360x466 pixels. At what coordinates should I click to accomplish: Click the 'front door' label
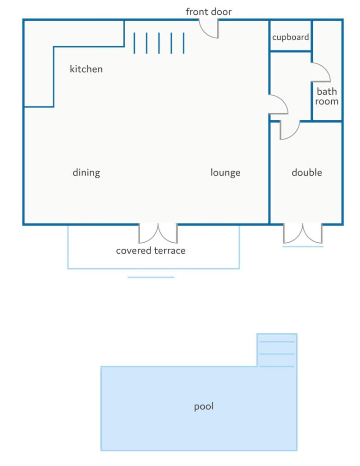208,12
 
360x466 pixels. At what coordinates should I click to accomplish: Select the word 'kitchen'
86,69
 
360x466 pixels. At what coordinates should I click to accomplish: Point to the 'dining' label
86,173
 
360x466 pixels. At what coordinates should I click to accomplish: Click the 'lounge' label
226,173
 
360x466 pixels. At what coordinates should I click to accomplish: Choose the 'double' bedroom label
307,172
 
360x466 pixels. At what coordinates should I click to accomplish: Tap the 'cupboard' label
291,37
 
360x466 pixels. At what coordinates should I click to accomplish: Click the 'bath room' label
327,96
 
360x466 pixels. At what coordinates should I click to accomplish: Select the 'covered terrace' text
151,251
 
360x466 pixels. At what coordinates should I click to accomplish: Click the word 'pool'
204,406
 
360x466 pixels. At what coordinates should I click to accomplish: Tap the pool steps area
277,350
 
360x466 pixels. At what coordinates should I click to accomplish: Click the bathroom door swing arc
325,68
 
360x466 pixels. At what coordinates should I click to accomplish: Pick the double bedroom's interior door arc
294,134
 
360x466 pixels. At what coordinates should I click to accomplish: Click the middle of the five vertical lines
159,43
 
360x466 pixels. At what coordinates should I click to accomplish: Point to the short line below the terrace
151,277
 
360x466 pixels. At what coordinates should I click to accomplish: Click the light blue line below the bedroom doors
303,246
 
